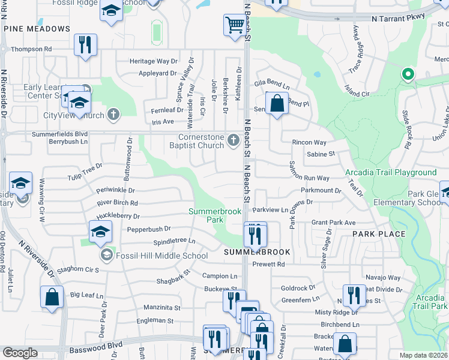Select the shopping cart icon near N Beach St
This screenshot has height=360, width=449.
click(x=234, y=25)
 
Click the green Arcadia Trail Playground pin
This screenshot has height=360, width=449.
click(x=408, y=74)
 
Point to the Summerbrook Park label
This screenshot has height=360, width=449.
click(x=215, y=215)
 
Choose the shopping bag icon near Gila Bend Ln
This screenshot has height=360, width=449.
click(x=276, y=103)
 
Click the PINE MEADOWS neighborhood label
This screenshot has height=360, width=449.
click(x=37, y=29)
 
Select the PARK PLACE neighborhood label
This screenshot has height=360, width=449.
click(x=379, y=234)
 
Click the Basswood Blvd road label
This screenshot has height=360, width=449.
click(x=96, y=346)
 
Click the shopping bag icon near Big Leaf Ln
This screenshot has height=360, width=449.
click(x=52, y=296)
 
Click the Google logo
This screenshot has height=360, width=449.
click(x=20, y=353)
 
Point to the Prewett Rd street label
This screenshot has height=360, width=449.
click(x=268, y=264)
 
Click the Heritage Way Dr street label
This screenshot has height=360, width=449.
click(x=154, y=61)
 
